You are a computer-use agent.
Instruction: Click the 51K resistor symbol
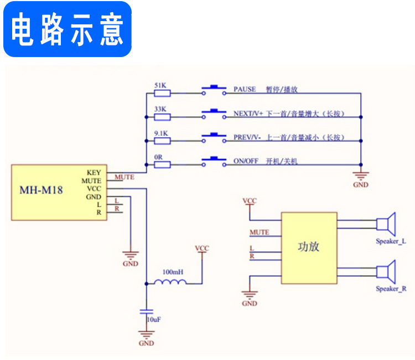pos(162,93)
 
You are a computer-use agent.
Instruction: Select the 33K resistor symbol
pos(162,117)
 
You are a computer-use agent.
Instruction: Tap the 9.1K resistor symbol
pos(162,140)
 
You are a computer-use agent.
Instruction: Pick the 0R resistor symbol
pos(162,164)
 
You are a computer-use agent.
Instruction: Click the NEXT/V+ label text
pos(248,114)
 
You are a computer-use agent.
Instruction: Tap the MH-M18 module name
pos(41,189)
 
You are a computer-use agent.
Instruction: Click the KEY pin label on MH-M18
pos(94,173)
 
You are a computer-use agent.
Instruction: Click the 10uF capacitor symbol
pos(146,312)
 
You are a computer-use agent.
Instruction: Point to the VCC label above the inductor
pos(202,249)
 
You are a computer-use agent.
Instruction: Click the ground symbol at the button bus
pos(360,177)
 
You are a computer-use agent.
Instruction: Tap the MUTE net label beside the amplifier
pos(259,233)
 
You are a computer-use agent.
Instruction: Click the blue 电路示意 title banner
pos(68,29)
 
